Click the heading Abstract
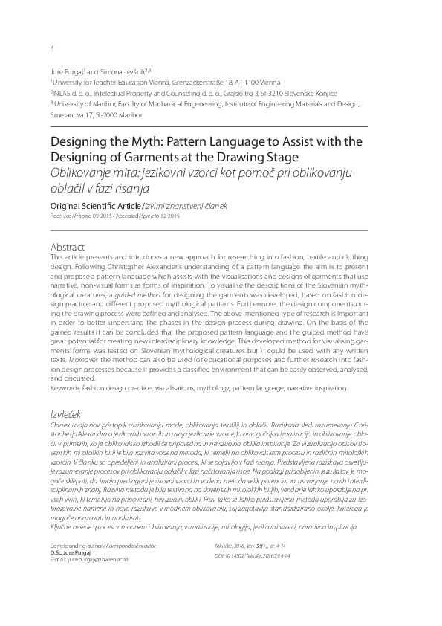tap(68, 246)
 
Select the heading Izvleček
tap(65, 413)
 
